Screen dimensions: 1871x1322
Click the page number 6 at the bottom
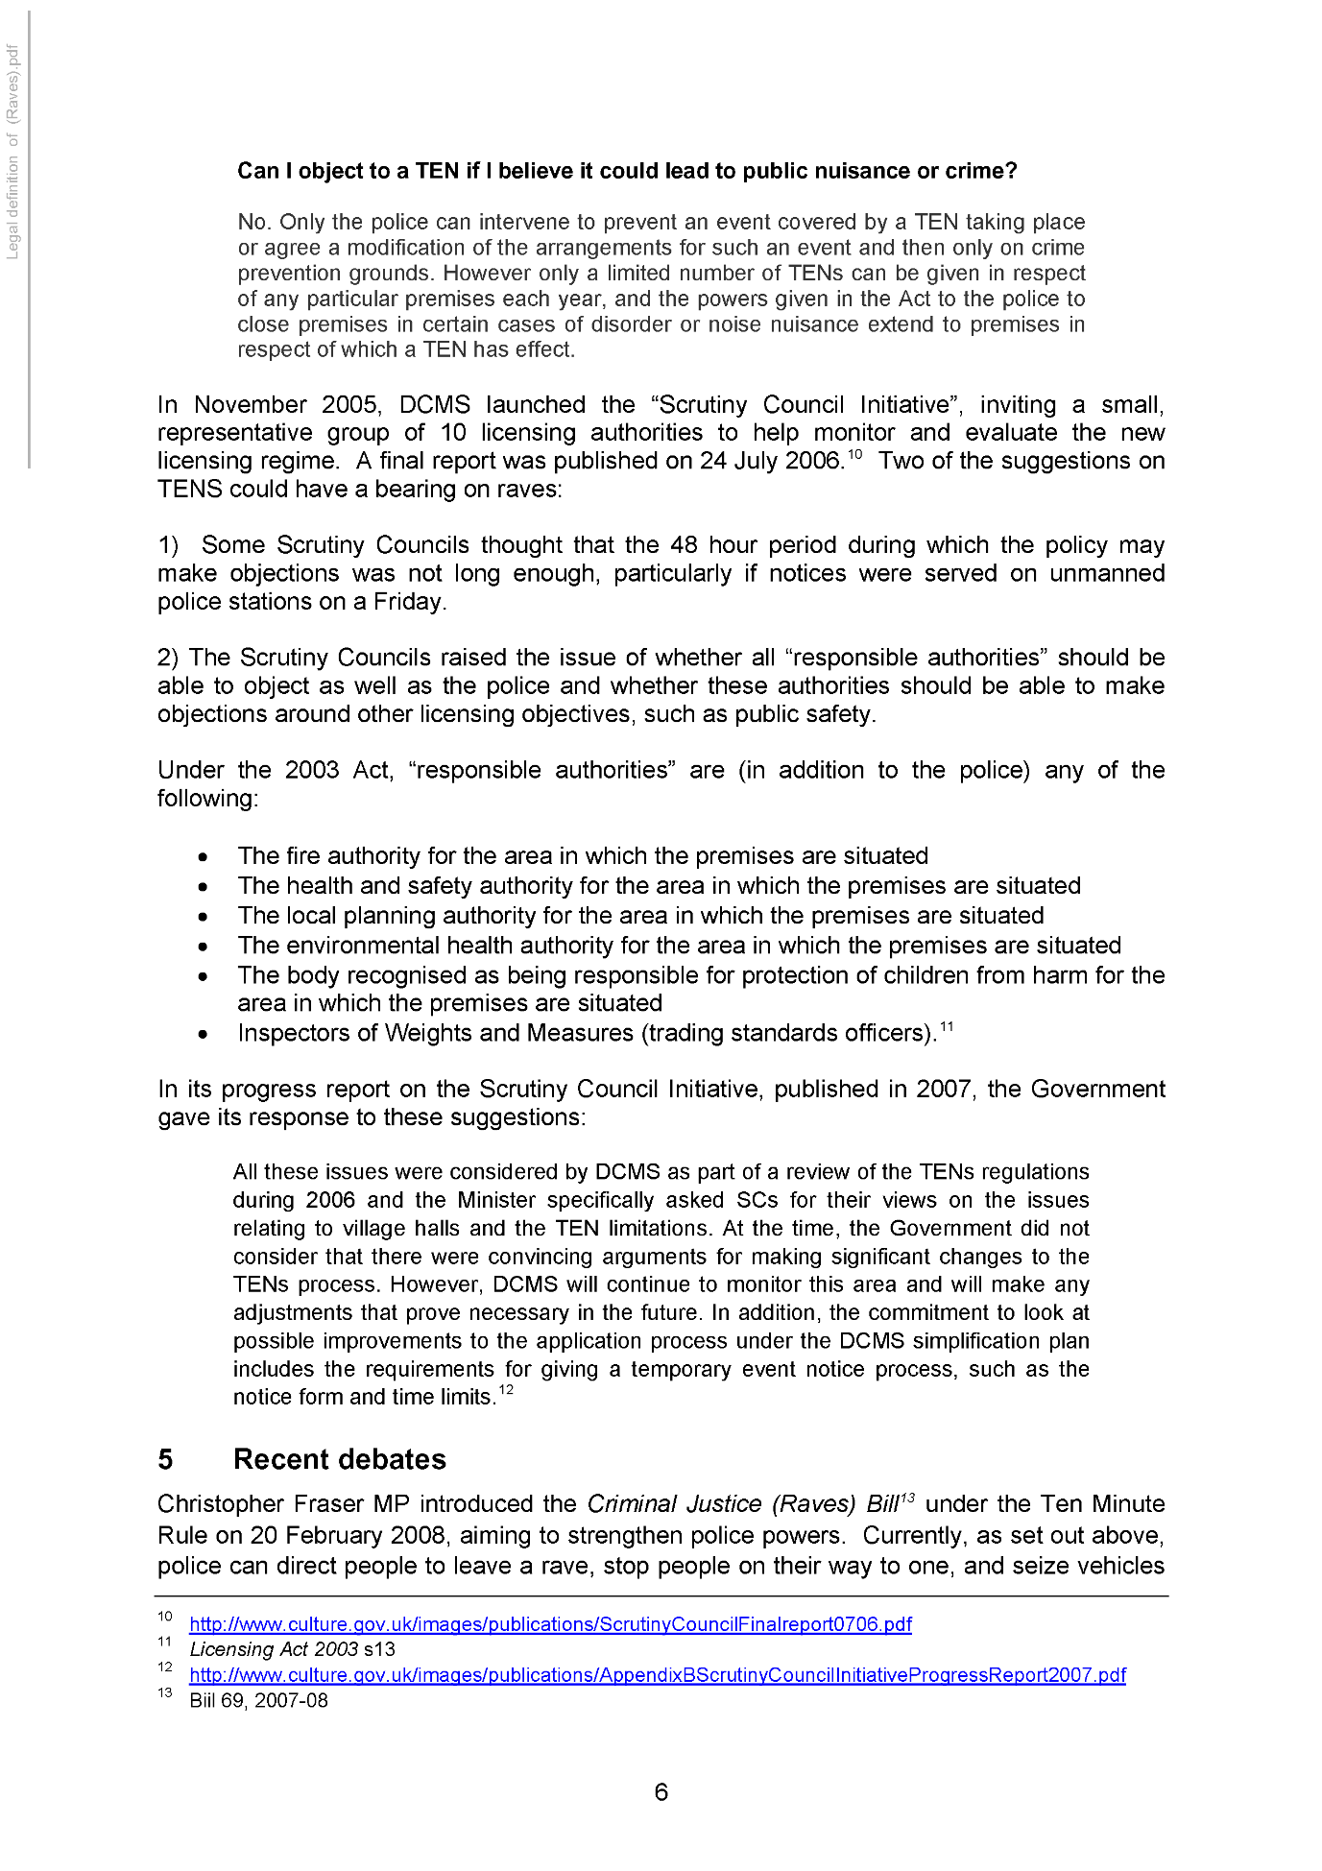click(x=661, y=1791)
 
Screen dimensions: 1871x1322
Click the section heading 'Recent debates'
click(x=339, y=1459)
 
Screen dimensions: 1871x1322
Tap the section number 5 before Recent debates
click(x=165, y=1459)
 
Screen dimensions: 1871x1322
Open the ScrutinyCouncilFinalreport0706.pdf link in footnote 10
click(x=550, y=1624)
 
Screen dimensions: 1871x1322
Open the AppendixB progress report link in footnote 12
click(x=657, y=1675)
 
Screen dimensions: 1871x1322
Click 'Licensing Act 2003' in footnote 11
click(x=274, y=1649)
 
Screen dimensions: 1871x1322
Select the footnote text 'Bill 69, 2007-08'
click(x=258, y=1700)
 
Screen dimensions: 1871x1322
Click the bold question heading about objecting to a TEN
click(x=627, y=171)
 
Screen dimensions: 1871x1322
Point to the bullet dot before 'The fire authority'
click(x=203, y=856)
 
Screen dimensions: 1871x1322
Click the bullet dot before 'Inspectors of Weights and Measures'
click(x=203, y=1034)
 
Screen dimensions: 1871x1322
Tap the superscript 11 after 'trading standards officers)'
click(x=947, y=1027)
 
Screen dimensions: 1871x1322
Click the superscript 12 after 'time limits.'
click(x=506, y=1390)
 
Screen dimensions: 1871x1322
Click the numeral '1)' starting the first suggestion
click(x=168, y=545)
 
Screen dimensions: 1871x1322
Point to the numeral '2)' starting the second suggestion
click(x=168, y=658)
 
